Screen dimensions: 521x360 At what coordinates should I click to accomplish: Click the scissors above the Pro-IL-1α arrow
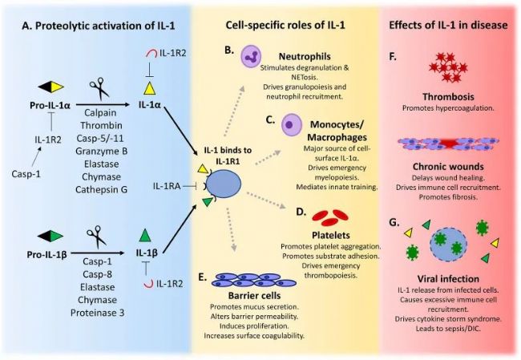99,88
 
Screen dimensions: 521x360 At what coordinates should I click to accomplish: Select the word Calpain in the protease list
100,113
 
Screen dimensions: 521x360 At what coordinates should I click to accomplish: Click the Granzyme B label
101,152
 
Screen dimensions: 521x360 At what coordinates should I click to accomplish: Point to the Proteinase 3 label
97,313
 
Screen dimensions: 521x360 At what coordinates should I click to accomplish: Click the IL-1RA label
167,186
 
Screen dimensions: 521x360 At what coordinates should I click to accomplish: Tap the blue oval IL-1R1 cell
224,184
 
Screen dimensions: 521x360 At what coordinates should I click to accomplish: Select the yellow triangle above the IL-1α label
150,89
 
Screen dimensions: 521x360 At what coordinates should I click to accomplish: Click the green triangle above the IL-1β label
145,236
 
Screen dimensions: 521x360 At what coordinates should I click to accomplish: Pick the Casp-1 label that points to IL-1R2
26,174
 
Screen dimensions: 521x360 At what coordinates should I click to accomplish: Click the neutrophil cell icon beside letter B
251,56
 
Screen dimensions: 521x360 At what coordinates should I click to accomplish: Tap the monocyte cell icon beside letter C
292,125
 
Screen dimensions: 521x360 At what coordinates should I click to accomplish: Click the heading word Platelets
331,236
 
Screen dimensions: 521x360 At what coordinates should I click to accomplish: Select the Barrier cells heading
254,296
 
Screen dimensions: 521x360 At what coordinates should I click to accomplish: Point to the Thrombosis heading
448,97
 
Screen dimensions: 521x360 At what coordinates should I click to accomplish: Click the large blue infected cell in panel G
448,245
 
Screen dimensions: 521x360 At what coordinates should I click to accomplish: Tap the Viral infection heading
448,278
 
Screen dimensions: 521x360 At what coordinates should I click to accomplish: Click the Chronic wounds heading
448,166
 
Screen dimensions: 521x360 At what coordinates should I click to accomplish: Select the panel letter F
393,56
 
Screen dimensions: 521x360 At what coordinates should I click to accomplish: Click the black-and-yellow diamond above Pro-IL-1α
50,87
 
